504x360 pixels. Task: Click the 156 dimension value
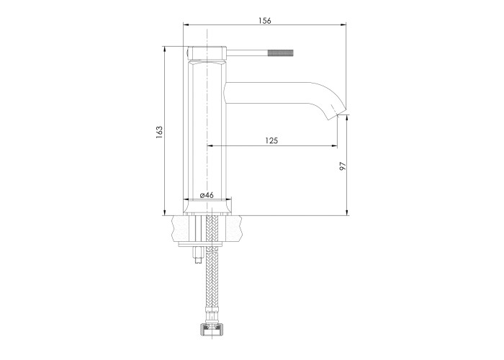click(x=264, y=21)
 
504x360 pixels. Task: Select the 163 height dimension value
click(x=159, y=132)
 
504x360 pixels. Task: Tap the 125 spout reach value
click(x=271, y=140)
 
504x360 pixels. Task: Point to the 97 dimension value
click(x=343, y=166)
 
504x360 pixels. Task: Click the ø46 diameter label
click(x=207, y=195)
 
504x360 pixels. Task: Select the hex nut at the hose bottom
click(x=213, y=325)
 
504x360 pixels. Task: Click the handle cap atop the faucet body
click(x=206, y=53)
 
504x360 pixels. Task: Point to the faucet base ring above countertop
click(x=207, y=207)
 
